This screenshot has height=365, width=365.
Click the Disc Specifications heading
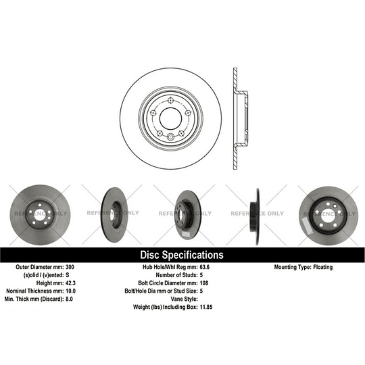pyautogui.click(x=181, y=255)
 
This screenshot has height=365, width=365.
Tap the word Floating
pyautogui.click(x=322, y=268)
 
